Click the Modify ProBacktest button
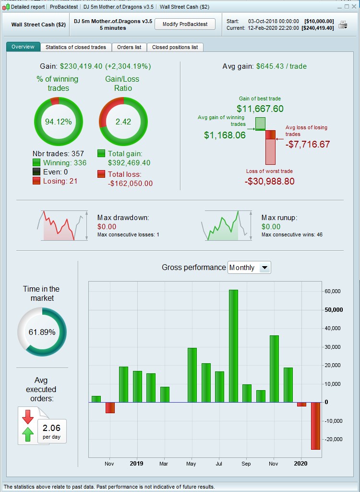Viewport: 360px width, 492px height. [x=185, y=25]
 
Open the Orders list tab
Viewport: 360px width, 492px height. [x=129, y=47]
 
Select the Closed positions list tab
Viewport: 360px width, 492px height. [x=175, y=47]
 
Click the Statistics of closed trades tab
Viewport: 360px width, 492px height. [x=76, y=47]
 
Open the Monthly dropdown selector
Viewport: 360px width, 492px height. [x=250, y=268]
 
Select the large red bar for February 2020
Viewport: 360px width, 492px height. [x=315, y=426]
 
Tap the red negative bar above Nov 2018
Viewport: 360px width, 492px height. [x=110, y=407]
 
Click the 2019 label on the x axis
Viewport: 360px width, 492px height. [x=137, y=464]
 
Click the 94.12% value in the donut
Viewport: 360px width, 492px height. [x=58, y=122]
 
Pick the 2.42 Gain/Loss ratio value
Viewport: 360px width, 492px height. [x=123, y=122]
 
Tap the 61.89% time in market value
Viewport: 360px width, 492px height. [x=42, y=332]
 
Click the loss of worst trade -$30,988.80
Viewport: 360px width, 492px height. [x=269, y=182]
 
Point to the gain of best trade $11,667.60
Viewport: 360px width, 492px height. [x=260, y=109]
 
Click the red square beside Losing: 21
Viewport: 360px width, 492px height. [x=36, y=181]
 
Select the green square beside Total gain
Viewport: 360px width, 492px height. [x=101, y=154]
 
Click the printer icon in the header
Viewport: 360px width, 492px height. [x=343, y=25]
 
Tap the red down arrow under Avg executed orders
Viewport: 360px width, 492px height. [x=28, y=416]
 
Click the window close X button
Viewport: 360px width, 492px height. [x=354, y=7]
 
